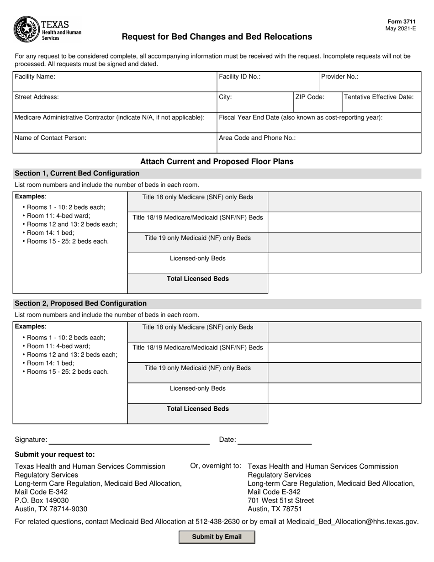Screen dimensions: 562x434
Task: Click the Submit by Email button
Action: point(217,537)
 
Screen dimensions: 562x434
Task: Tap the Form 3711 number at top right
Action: point(402,21)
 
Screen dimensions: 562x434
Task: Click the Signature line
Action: point(129,440)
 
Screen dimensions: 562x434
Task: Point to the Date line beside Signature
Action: point(274,440)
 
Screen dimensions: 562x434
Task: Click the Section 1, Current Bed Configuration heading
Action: point(77,174)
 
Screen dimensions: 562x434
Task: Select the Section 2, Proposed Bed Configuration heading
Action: point(81,303)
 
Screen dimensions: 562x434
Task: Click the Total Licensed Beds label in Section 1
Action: point(197,279)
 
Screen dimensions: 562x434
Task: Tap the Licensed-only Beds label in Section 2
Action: point(197,389)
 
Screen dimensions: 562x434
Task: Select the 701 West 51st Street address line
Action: point(281,501)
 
